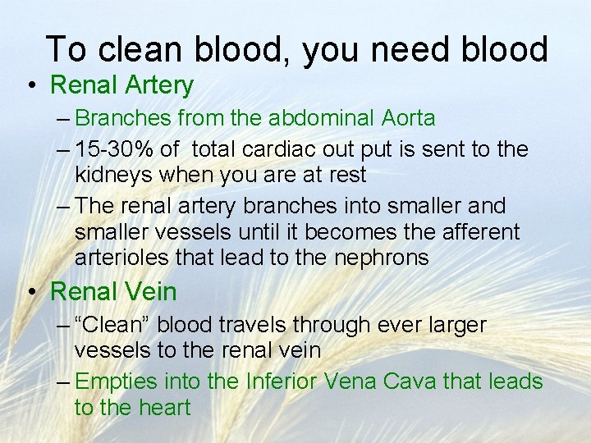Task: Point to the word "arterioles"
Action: pyautogui.click(x=126, y=258)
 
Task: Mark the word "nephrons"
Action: pyautogui.click(x=382, y=258)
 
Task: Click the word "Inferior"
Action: pyautogui.click(x=273, y=381)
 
